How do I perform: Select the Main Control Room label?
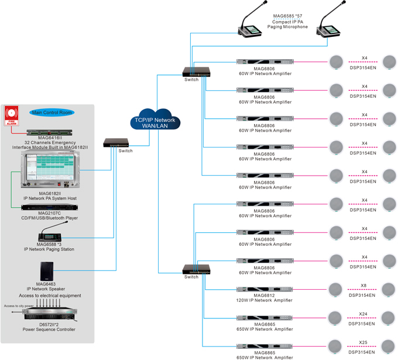[53, 112]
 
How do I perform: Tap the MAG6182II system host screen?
[50, 170]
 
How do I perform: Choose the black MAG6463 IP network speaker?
[49, 271]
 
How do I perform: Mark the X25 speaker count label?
[363, 342]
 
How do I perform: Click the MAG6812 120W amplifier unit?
[265, 289]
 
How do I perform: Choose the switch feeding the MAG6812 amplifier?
[195, 269]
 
